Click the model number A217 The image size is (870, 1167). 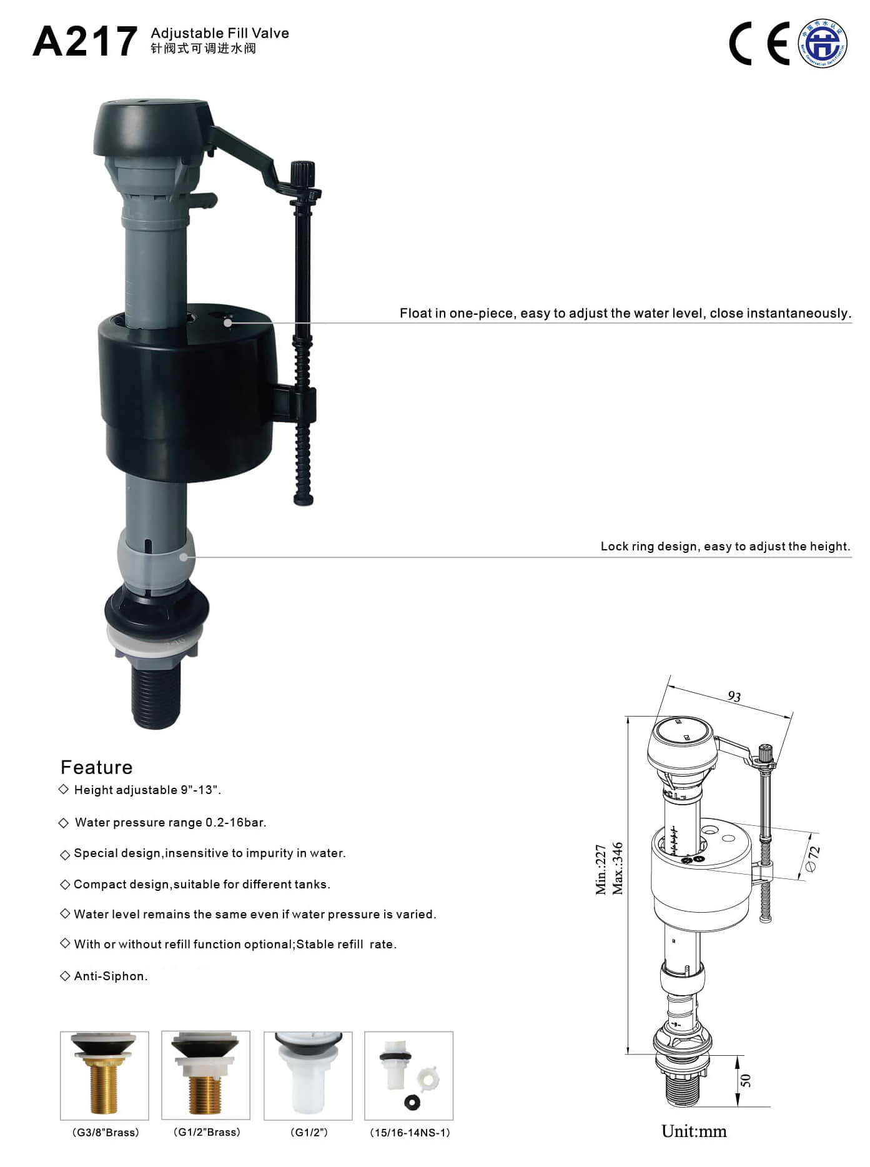pyautogui.click(x=85, y=42)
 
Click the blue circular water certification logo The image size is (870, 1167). pyautogui.click(x=823, y=43)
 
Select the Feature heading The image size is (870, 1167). pyautogui.click(x=96, y=767)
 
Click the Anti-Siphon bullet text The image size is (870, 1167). pyautogui.click(x=111, y=976)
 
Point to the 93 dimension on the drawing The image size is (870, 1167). pyautogui.click(x=734, y=696)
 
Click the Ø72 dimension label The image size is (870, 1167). pyautogui.click(x=813, y=858)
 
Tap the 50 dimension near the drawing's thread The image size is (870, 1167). pyautogui.click(x=745, y=1080)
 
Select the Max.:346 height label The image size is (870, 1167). pyautogui.click(x=617, y=868)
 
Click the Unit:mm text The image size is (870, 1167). pyautogui.click(x=693, y=1131)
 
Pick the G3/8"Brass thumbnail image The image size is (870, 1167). pyautogui.click(x=104, y=1075)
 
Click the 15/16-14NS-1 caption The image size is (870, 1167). pyautogui.click(x=410, y=1133)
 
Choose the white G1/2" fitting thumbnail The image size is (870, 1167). pyautogui.click(x=308, y=1075)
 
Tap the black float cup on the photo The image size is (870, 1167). pyautogui.click(x=187, y=400)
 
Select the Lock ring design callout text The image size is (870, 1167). pyautogui.click(x=725, y=546)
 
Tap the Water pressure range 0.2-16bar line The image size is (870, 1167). pyautogui.click(x=170, y=822)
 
